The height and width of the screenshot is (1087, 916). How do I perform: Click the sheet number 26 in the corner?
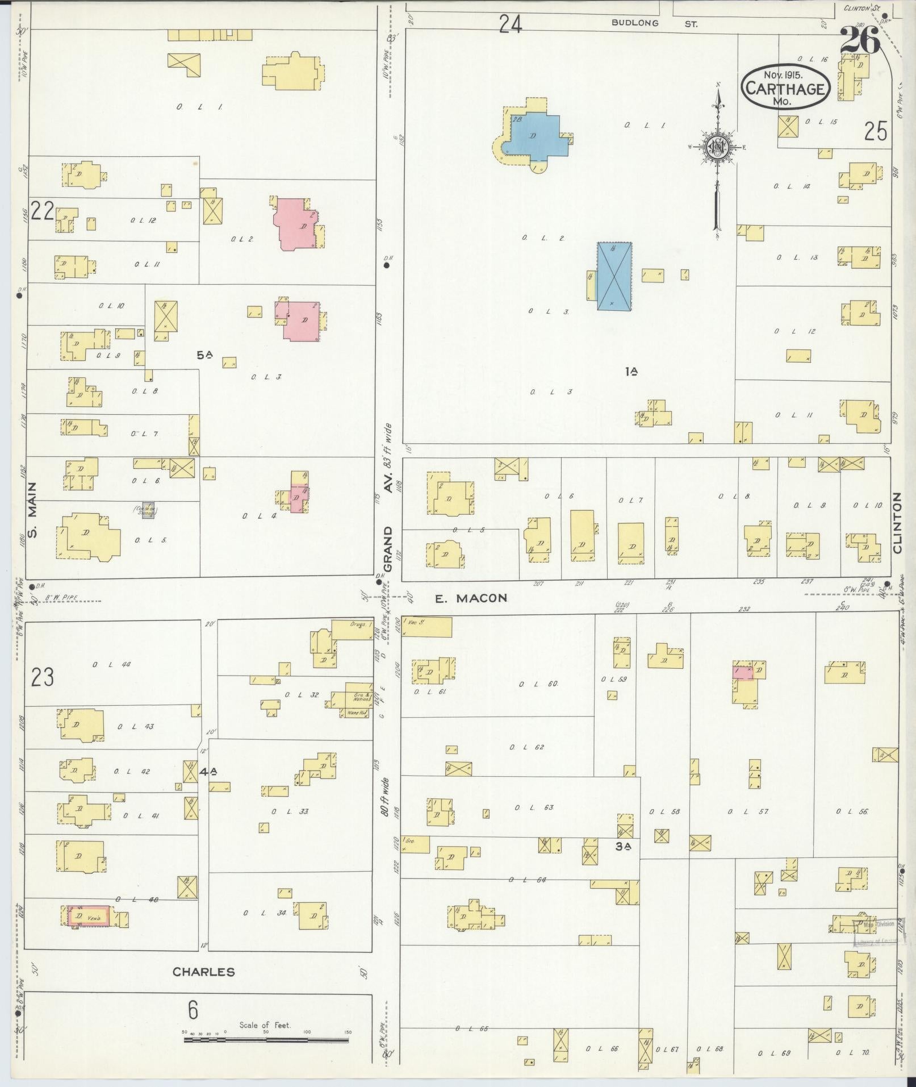(x=860, y=40)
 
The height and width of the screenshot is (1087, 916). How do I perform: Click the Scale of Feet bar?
(x=266, y=1040)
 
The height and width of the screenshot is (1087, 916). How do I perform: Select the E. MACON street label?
(x=470, y=598)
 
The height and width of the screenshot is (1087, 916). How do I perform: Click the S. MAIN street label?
(x=32, y=510)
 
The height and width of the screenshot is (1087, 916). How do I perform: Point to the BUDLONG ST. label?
(x=654, y=23)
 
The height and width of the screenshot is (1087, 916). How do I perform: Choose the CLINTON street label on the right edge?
(x=897, y=523)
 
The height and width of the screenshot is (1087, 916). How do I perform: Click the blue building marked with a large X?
(x=614, y=276)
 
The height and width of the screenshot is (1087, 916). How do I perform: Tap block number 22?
(x=42, y=211)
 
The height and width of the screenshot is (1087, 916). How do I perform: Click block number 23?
(x=42, y=677)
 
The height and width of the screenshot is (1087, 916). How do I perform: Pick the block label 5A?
(x=204, y=355)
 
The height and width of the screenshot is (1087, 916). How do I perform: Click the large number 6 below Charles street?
(x=193, y=1010)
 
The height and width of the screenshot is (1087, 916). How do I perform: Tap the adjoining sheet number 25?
(x=875, y=131)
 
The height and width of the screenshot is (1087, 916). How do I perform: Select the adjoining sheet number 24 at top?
(x=510, y=24)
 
